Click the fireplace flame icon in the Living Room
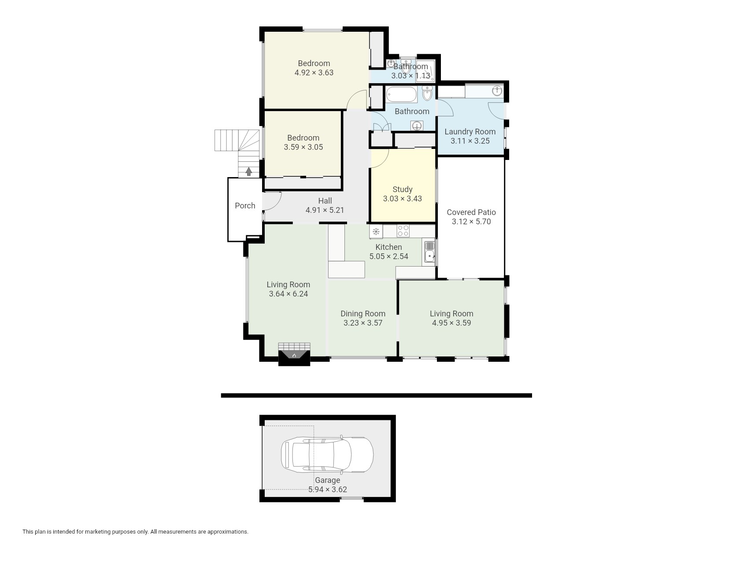point(294,355)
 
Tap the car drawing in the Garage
point(327,455)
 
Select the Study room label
point(403,189)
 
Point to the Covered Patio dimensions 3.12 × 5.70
point(471,222)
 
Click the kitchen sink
point(429,252)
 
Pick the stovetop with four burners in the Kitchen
point(403,231)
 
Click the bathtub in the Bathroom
point(401,94)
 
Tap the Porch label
point(245,206)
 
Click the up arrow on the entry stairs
point(249,171)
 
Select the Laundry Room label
point(470,132)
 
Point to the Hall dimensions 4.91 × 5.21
point(325,210)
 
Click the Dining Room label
point(363,314)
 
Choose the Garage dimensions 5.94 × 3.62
point(328,490)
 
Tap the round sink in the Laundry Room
point(497,91)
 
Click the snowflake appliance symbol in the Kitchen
point(376,231)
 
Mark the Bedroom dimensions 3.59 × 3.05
point(303,147)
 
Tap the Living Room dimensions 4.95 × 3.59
point(451,323)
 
